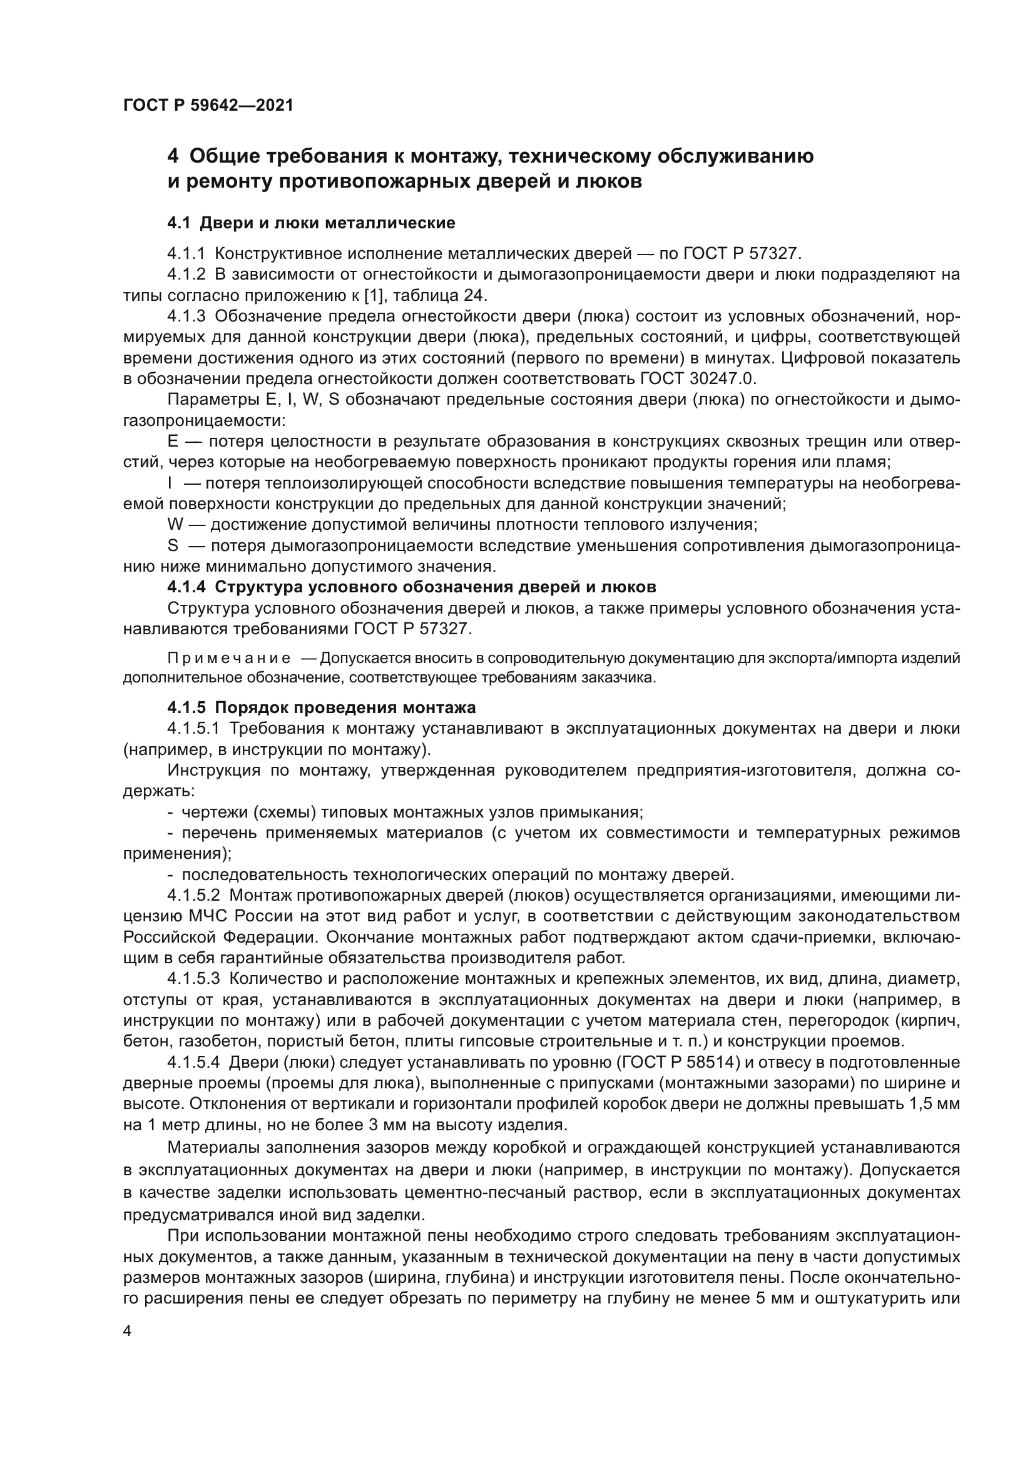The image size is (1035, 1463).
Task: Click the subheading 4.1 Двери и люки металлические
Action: (311, 223)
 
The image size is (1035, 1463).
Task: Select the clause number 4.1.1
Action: (186, 253)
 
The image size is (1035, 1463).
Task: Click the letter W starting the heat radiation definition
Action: (175, 525)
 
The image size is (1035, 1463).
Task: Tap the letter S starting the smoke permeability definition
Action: (172, 546)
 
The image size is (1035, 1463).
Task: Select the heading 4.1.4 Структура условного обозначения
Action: (412, 587)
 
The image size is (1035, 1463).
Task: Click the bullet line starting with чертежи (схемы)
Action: (412, 812)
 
